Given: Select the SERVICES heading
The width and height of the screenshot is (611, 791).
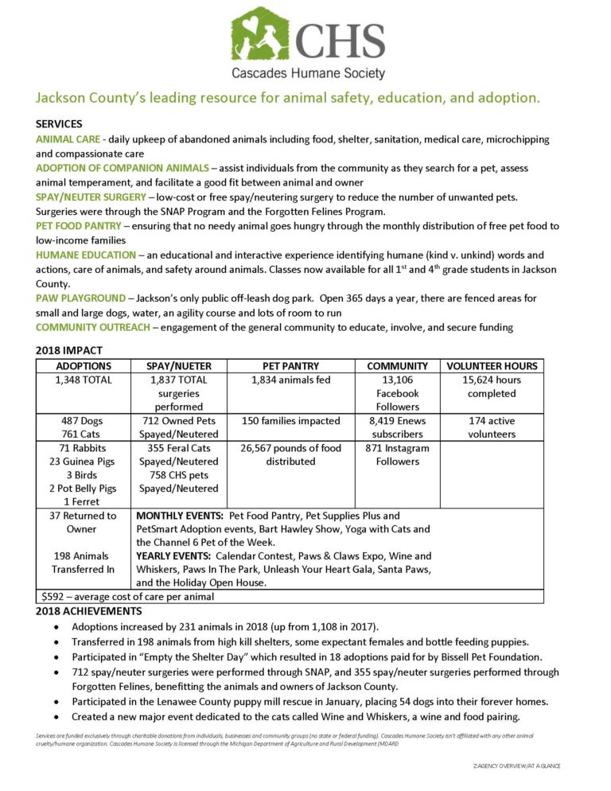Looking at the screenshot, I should [59, 124].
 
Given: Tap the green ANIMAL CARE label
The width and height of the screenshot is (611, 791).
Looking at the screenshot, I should [67, 139].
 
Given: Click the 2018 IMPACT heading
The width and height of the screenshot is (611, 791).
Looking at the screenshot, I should [69, 350].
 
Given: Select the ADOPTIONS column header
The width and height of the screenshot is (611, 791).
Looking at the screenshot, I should [84, 366].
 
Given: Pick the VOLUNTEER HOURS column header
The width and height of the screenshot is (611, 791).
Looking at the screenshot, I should [492, 366].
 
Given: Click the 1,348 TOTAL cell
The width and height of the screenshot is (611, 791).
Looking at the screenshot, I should [84, 380].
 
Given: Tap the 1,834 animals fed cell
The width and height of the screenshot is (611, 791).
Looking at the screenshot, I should [290, 380].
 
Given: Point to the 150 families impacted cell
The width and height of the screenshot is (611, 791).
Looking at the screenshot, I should [290, 420].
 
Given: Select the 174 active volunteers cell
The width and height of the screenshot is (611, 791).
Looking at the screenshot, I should [492, 427].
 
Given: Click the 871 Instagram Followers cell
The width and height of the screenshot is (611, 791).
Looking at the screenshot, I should [398, 454].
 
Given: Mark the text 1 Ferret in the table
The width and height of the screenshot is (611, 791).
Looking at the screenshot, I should [84, 501].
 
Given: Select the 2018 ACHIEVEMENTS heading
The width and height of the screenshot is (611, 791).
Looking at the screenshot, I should [89, 611].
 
